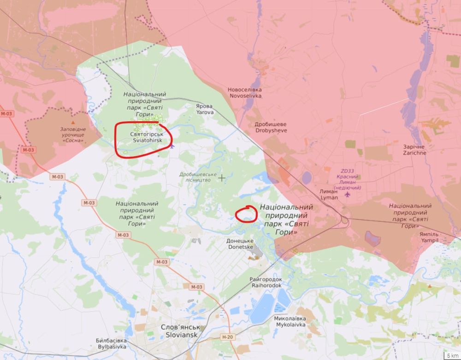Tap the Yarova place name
click(x=205, y=109)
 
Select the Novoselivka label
click(x=244, y=93)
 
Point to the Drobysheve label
click(x=271, y=128)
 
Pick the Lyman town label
click(x=329, y=195)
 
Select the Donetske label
click(x=240, y=244)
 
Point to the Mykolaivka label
click(x=290, y=321)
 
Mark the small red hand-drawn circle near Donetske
click(x=246, y=214)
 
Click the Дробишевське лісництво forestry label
click(x=198, y=177)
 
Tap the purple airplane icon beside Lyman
click(x=347, y=196)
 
